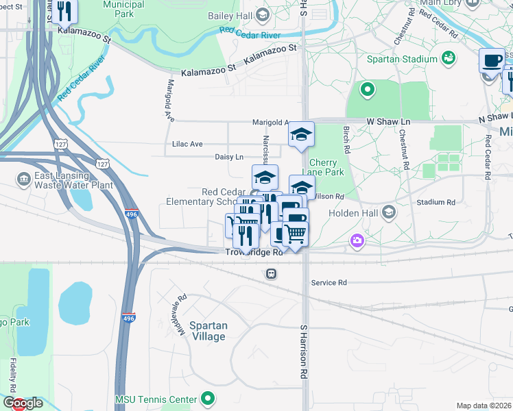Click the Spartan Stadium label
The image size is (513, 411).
401,59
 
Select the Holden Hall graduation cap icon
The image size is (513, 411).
390,212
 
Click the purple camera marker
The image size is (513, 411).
357,240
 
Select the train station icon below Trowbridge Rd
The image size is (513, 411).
272,273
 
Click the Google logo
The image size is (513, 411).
23,403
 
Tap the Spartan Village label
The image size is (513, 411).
208,331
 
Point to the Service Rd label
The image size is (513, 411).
329,282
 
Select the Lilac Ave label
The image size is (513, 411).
187,144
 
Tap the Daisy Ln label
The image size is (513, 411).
230,157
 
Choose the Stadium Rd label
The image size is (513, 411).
436,202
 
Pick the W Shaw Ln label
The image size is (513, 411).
388,121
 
